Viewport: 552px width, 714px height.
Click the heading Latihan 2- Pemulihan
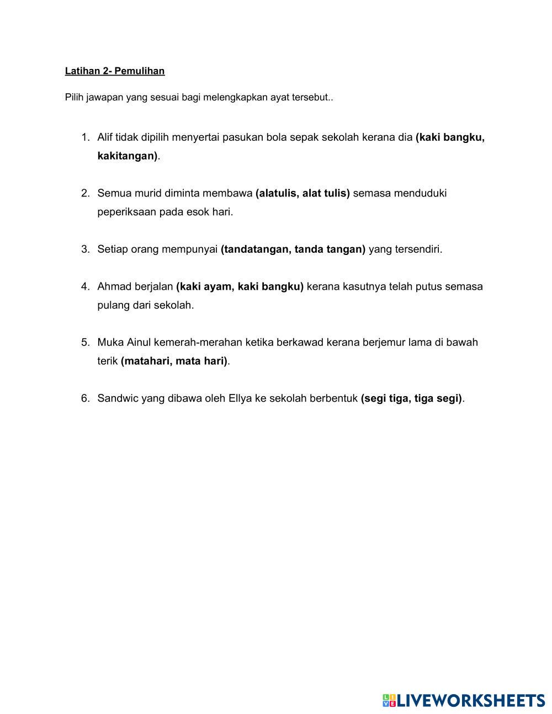(115, 71)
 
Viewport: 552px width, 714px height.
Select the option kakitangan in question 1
(126, 156)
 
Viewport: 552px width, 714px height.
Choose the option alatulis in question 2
(278, 193)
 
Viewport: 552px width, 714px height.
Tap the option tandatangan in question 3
(255, 249)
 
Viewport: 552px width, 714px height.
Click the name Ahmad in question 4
(114, 287)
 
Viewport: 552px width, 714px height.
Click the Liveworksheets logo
(464, 701)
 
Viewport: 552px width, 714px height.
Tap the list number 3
(85, 249)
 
